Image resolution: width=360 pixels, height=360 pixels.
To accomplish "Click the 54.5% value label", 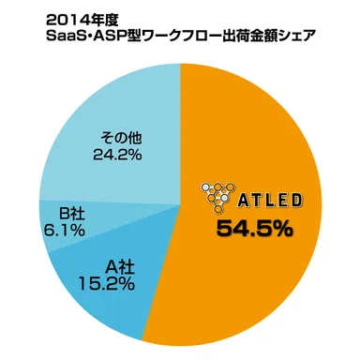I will (254, 227).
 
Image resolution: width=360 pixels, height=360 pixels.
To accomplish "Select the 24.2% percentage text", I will (118, 155).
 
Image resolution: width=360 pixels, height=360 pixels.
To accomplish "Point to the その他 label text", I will (118, 139).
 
